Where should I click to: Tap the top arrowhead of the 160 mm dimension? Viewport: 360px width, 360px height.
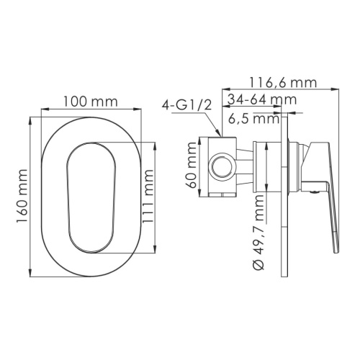click(x=30, y=116)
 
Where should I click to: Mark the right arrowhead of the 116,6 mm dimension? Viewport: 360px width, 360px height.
click(x=338, y=90)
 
